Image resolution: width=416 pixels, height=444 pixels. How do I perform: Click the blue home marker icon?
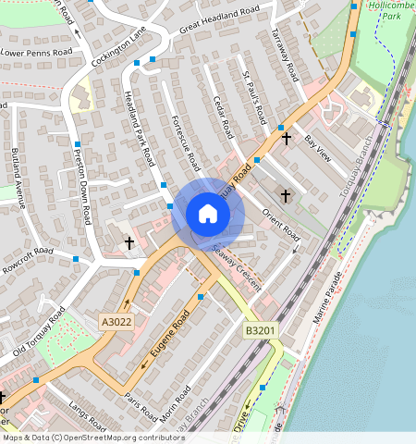[x=208, y=214]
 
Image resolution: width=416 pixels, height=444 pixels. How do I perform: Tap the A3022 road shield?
[x=117, y=321]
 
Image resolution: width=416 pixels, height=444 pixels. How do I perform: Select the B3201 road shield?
[x=261, y=330]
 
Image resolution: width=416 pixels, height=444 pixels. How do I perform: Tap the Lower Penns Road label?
[x=36, y=53]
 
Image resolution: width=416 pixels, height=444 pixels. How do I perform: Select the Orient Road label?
[x=280, y=219]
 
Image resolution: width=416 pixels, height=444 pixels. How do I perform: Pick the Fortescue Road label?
[x=186, y=143]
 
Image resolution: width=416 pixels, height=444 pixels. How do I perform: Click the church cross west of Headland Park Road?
[x=129, y=242]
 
